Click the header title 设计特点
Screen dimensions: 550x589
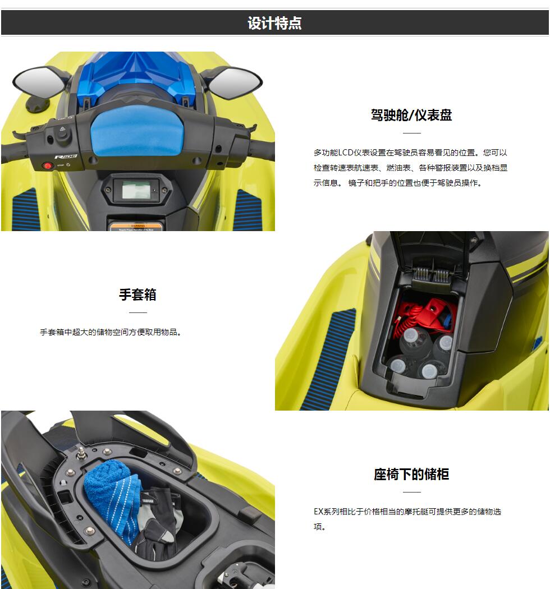pyautogui.click(x=274, y=23)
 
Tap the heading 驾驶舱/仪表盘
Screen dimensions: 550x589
pyautogui.click(x=411, y=115)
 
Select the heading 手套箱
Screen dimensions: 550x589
pyautogui.click(x=137, y=294)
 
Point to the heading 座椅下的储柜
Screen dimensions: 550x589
pyautogui.click(x=411, y=474)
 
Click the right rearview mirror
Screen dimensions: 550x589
pyautogui.click(x=236, y=82)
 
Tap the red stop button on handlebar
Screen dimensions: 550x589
pyautogui.click(x=47, y=165)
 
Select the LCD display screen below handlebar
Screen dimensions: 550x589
pyautogui.click(x=136, y=190)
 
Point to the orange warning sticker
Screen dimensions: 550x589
pyautogui.click(x=136, y=227)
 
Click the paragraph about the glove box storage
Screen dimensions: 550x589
pyautogui.click(x=111, y=332)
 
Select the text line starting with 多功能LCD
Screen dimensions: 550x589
pyautogui.click(x=410, y=153)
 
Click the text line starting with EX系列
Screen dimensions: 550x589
pyautogui.click(x=407, y=512)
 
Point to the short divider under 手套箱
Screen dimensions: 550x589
pyautogui.click(x=138, y=312)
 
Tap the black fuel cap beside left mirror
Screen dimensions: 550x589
pyautogui.click(x=37, y=104)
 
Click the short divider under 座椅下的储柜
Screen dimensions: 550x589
pyautogui.click(x=411, y=492)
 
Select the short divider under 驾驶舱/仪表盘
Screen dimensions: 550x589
pyautogui.click(x=411, y=132)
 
